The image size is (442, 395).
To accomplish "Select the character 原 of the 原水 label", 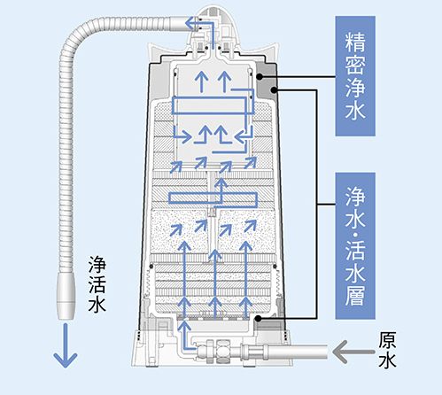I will pos(387,340).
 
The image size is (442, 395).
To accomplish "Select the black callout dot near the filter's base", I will pos(257,318).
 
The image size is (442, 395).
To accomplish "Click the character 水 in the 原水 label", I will pos(387,362).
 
